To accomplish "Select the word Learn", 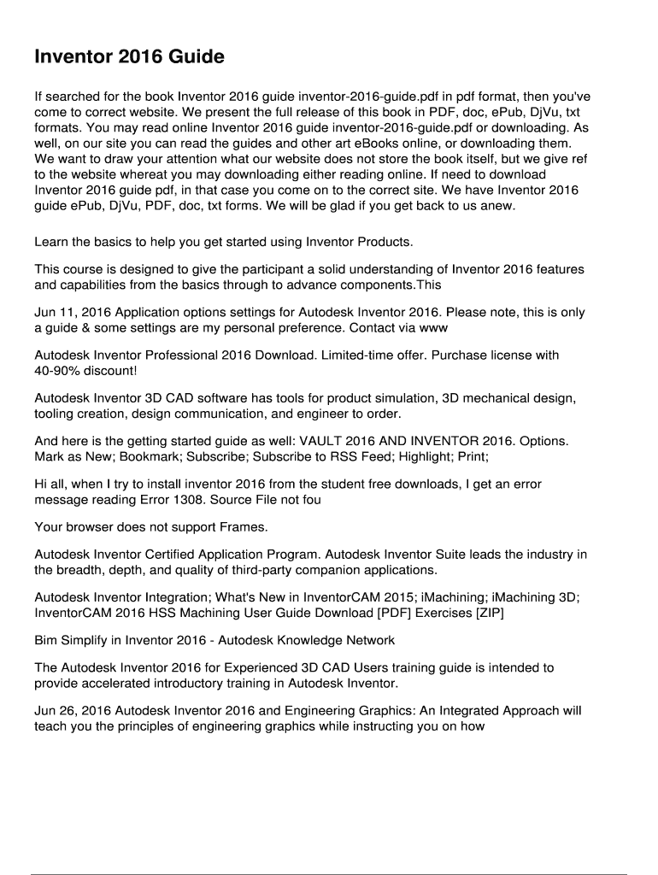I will pyautogui.click(x=53, y=243).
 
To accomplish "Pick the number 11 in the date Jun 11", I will pyautogui.click(x=68, y=313).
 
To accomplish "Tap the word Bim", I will pyautogui.click(x=47, y=640).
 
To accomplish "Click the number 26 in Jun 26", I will pyautogui.click(x=68, y=711).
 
